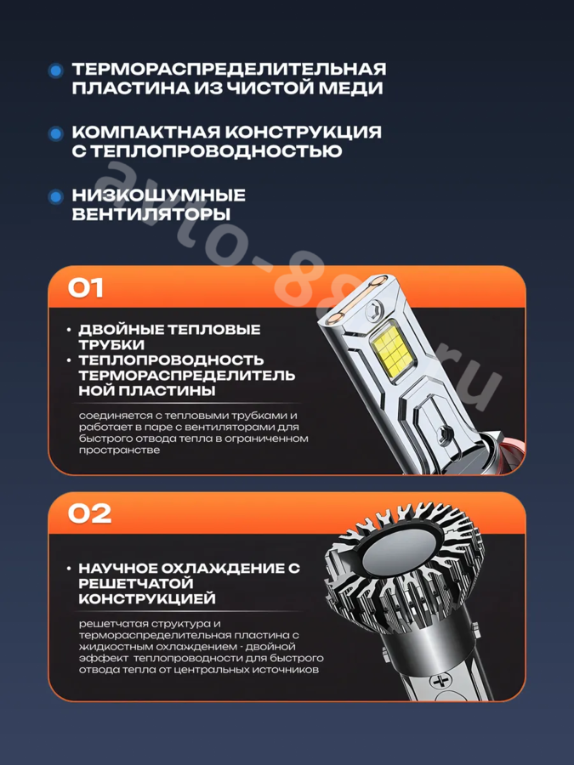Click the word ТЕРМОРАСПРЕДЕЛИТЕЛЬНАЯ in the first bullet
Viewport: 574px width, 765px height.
[x=229, y=69]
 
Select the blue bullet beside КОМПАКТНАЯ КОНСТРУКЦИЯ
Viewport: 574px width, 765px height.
[x=56, y=133]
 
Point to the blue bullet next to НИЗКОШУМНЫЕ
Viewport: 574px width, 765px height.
[x=56, y=196]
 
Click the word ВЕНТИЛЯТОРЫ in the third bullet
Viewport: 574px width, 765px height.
[x=151, y=214]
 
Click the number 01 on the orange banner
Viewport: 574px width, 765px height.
[x=85, y=288]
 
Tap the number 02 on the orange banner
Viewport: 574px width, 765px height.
[x=89, y=513]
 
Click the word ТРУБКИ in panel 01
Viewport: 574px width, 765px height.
[x=111, y=344]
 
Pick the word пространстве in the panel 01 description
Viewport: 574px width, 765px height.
[x=120, y=450]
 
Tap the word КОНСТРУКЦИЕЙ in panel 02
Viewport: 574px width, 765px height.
[x=147, y=598]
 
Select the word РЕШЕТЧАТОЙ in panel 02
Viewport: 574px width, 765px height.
[x=136, y=583]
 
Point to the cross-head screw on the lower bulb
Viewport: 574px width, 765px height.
[x=440, y=681]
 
